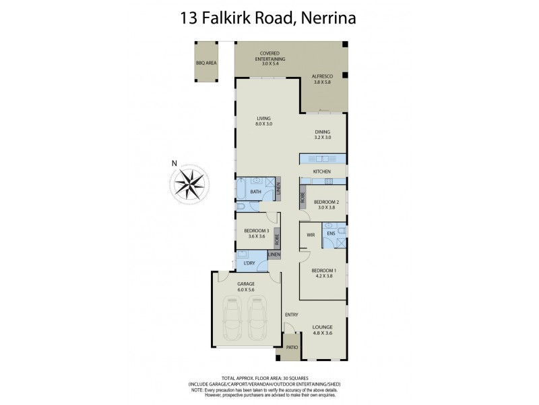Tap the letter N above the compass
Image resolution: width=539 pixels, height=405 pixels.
point(174,163)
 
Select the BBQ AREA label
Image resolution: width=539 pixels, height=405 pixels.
point(205,63)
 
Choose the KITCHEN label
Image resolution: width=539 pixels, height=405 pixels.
point(322,173)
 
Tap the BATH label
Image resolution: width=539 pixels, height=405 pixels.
point(255,192)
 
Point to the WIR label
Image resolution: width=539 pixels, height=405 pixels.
point(311,236)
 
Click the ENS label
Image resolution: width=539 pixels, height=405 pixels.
point(331,234)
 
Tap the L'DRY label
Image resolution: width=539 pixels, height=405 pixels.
point(249,262)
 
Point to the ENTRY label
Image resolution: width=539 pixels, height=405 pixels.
point(291,315)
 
